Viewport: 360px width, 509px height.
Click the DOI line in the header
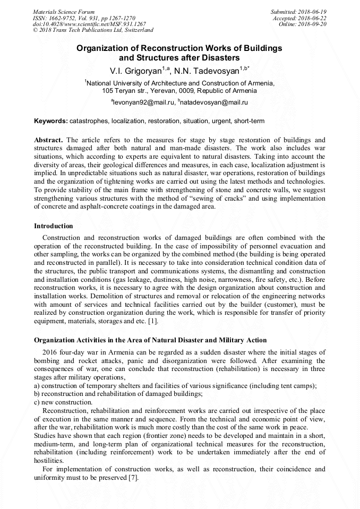89,24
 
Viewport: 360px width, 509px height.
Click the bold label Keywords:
50,121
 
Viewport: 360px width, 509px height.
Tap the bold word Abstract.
48,140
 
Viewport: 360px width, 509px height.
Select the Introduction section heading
54,226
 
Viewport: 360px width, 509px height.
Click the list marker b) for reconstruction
37,394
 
